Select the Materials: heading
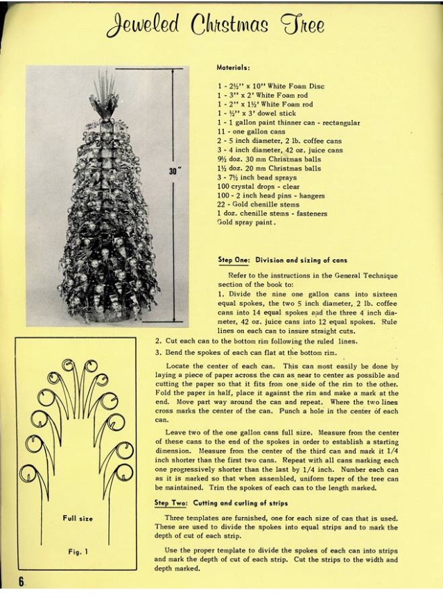[234, 68]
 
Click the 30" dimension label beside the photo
[173, 171]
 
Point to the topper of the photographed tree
[105, 97]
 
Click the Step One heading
[283, 260]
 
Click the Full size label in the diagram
[77, 518]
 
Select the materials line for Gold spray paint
[247, 223]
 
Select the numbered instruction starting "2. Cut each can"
[257, 341]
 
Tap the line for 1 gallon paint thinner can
[288, 123]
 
